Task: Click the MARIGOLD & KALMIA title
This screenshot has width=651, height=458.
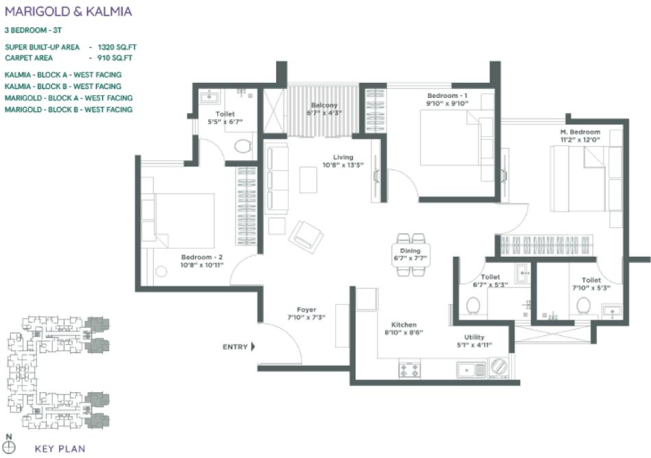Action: [68, 12]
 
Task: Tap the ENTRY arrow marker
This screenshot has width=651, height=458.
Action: [252, 347]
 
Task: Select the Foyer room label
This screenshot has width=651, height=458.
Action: [306, 310]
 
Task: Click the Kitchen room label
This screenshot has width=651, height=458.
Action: [404, 325]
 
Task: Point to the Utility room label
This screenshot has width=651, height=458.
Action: [474, 337]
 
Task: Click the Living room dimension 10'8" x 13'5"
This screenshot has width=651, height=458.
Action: [343, 165]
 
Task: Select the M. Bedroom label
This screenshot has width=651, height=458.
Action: [579, 132]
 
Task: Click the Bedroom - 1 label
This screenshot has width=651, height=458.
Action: [447, 96]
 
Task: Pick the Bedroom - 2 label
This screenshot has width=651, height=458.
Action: [201, 257]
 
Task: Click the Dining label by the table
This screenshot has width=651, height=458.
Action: [410, 251]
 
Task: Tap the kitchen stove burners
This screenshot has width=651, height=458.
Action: [409, 370]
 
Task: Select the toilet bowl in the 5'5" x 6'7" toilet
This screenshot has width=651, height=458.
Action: [241, 145]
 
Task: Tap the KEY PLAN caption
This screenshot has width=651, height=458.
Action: [59, 450]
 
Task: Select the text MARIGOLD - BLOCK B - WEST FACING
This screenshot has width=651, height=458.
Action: [69, 110]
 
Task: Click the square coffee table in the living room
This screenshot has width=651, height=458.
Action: [308, 179]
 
